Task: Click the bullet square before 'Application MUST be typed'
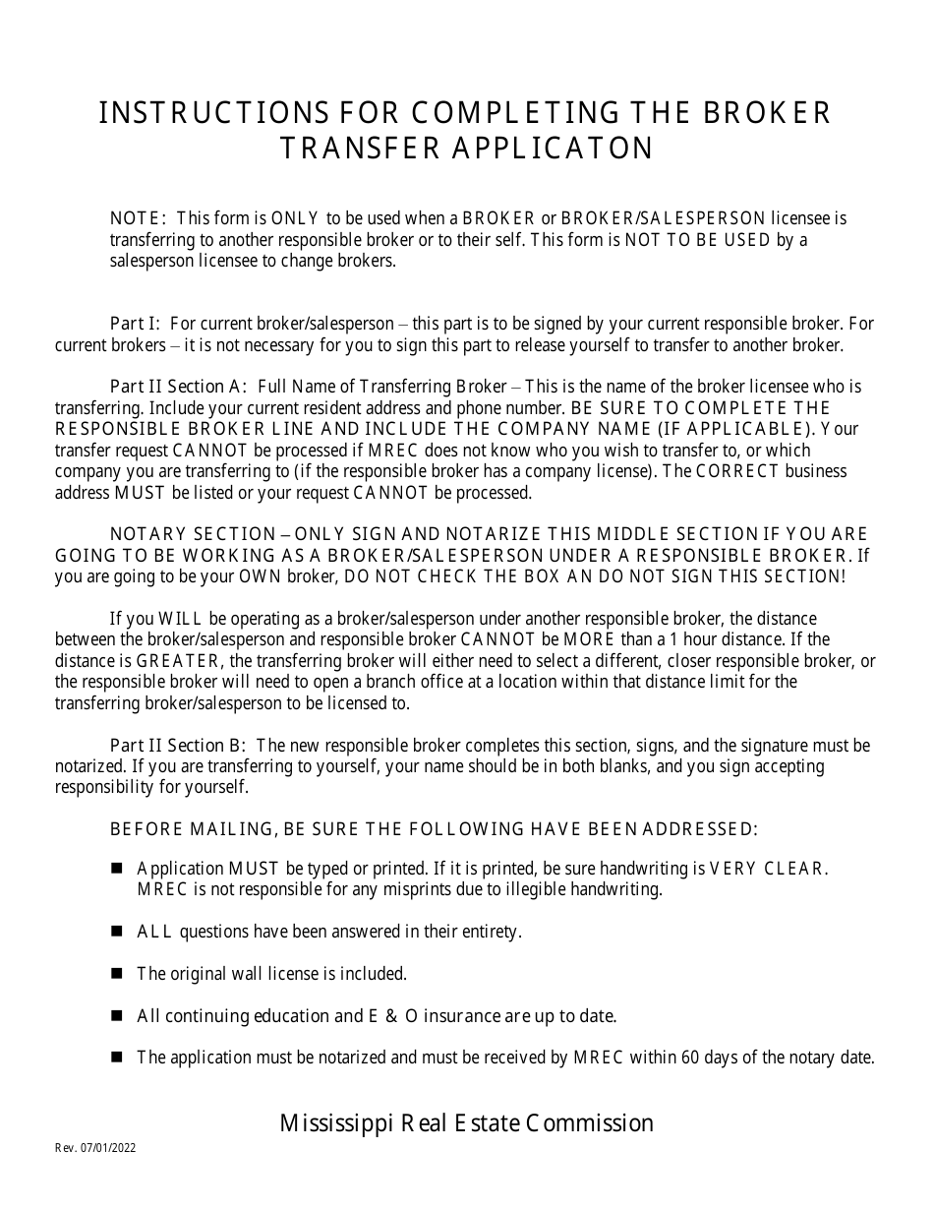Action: coord(117,868)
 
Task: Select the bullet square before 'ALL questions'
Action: coord(117,931)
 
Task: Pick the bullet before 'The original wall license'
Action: coord(117,973)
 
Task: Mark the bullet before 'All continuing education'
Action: coord(117,1015)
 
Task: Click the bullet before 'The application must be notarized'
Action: coord(117,1058)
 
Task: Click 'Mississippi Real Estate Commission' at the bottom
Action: coord(466,1123)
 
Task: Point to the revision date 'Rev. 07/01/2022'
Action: coord(95,1148)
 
